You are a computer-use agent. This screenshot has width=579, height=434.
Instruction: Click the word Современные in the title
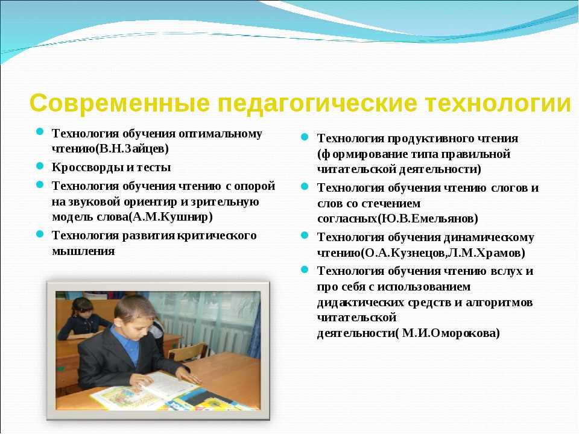(x=119, y=103)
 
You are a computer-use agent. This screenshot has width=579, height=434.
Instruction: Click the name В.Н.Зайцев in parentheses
(x=132, y=149)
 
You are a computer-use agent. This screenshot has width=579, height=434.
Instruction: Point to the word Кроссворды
(x=87, y=168)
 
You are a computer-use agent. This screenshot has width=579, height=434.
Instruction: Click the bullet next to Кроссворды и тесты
(x=40, y=166)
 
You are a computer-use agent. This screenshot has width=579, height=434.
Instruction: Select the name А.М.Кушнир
(x=171, y=216)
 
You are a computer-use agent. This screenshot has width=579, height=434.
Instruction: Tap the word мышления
(x=83, y=251)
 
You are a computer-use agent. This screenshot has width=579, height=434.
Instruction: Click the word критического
(x=217, y=236)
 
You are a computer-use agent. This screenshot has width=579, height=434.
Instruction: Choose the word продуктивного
(x=430, y=139)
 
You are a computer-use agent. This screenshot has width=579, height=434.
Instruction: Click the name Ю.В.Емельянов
(x=428, y=219)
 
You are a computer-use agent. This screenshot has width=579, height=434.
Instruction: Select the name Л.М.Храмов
(x=484, y=253)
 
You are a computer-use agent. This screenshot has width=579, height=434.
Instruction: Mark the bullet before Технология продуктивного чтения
(x=305, y=137)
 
